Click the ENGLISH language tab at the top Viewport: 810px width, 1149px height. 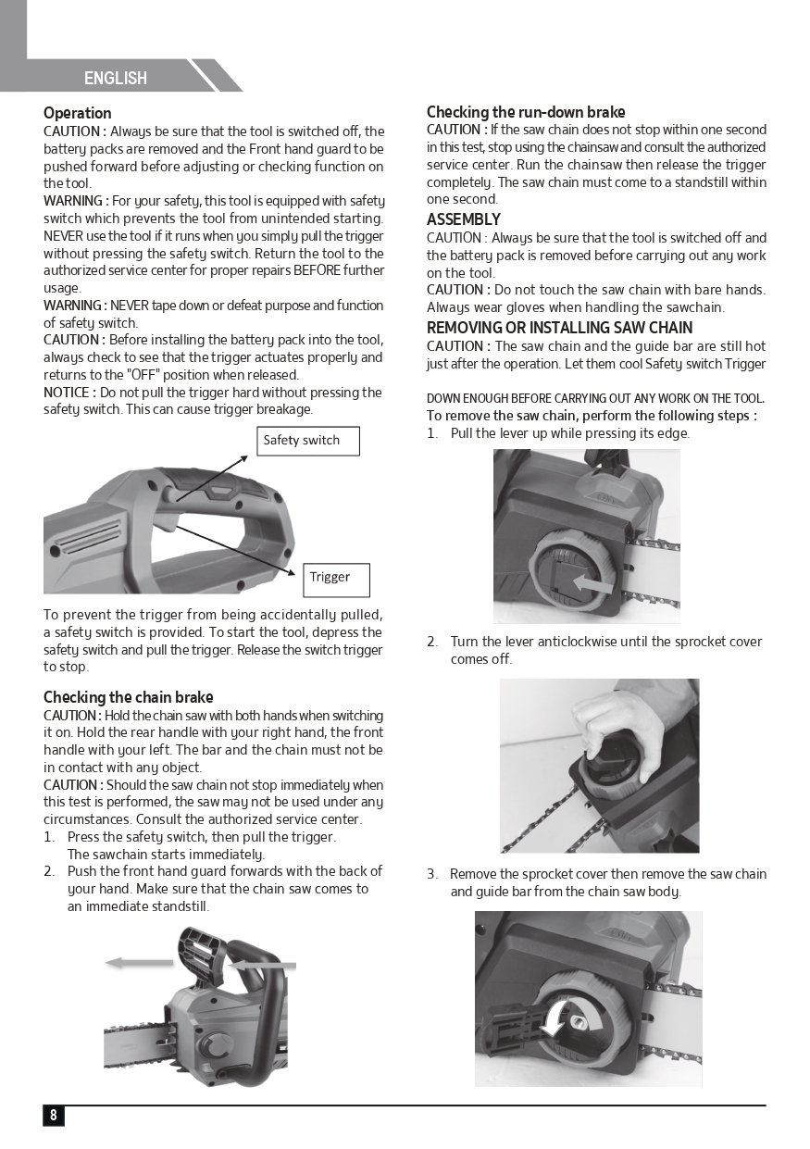[116, 78]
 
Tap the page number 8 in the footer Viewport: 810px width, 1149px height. [54, 1115]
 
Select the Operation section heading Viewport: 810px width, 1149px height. [78, 113]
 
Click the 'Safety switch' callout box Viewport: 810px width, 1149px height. [307, 441]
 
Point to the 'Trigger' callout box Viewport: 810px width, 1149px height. [337, 579]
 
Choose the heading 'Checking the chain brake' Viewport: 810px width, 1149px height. [129, 697]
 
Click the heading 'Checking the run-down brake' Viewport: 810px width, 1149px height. [526, 112]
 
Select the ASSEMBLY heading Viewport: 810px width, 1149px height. [463, 219]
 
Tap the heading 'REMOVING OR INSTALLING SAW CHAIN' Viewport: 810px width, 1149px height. [559, 328]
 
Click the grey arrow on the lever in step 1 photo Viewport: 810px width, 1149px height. [592, 585]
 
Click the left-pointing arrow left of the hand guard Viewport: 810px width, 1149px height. [139, 963]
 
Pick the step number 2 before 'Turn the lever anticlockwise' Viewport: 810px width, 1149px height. [432, 642]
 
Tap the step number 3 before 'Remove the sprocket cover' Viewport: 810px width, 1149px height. [432, 874]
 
